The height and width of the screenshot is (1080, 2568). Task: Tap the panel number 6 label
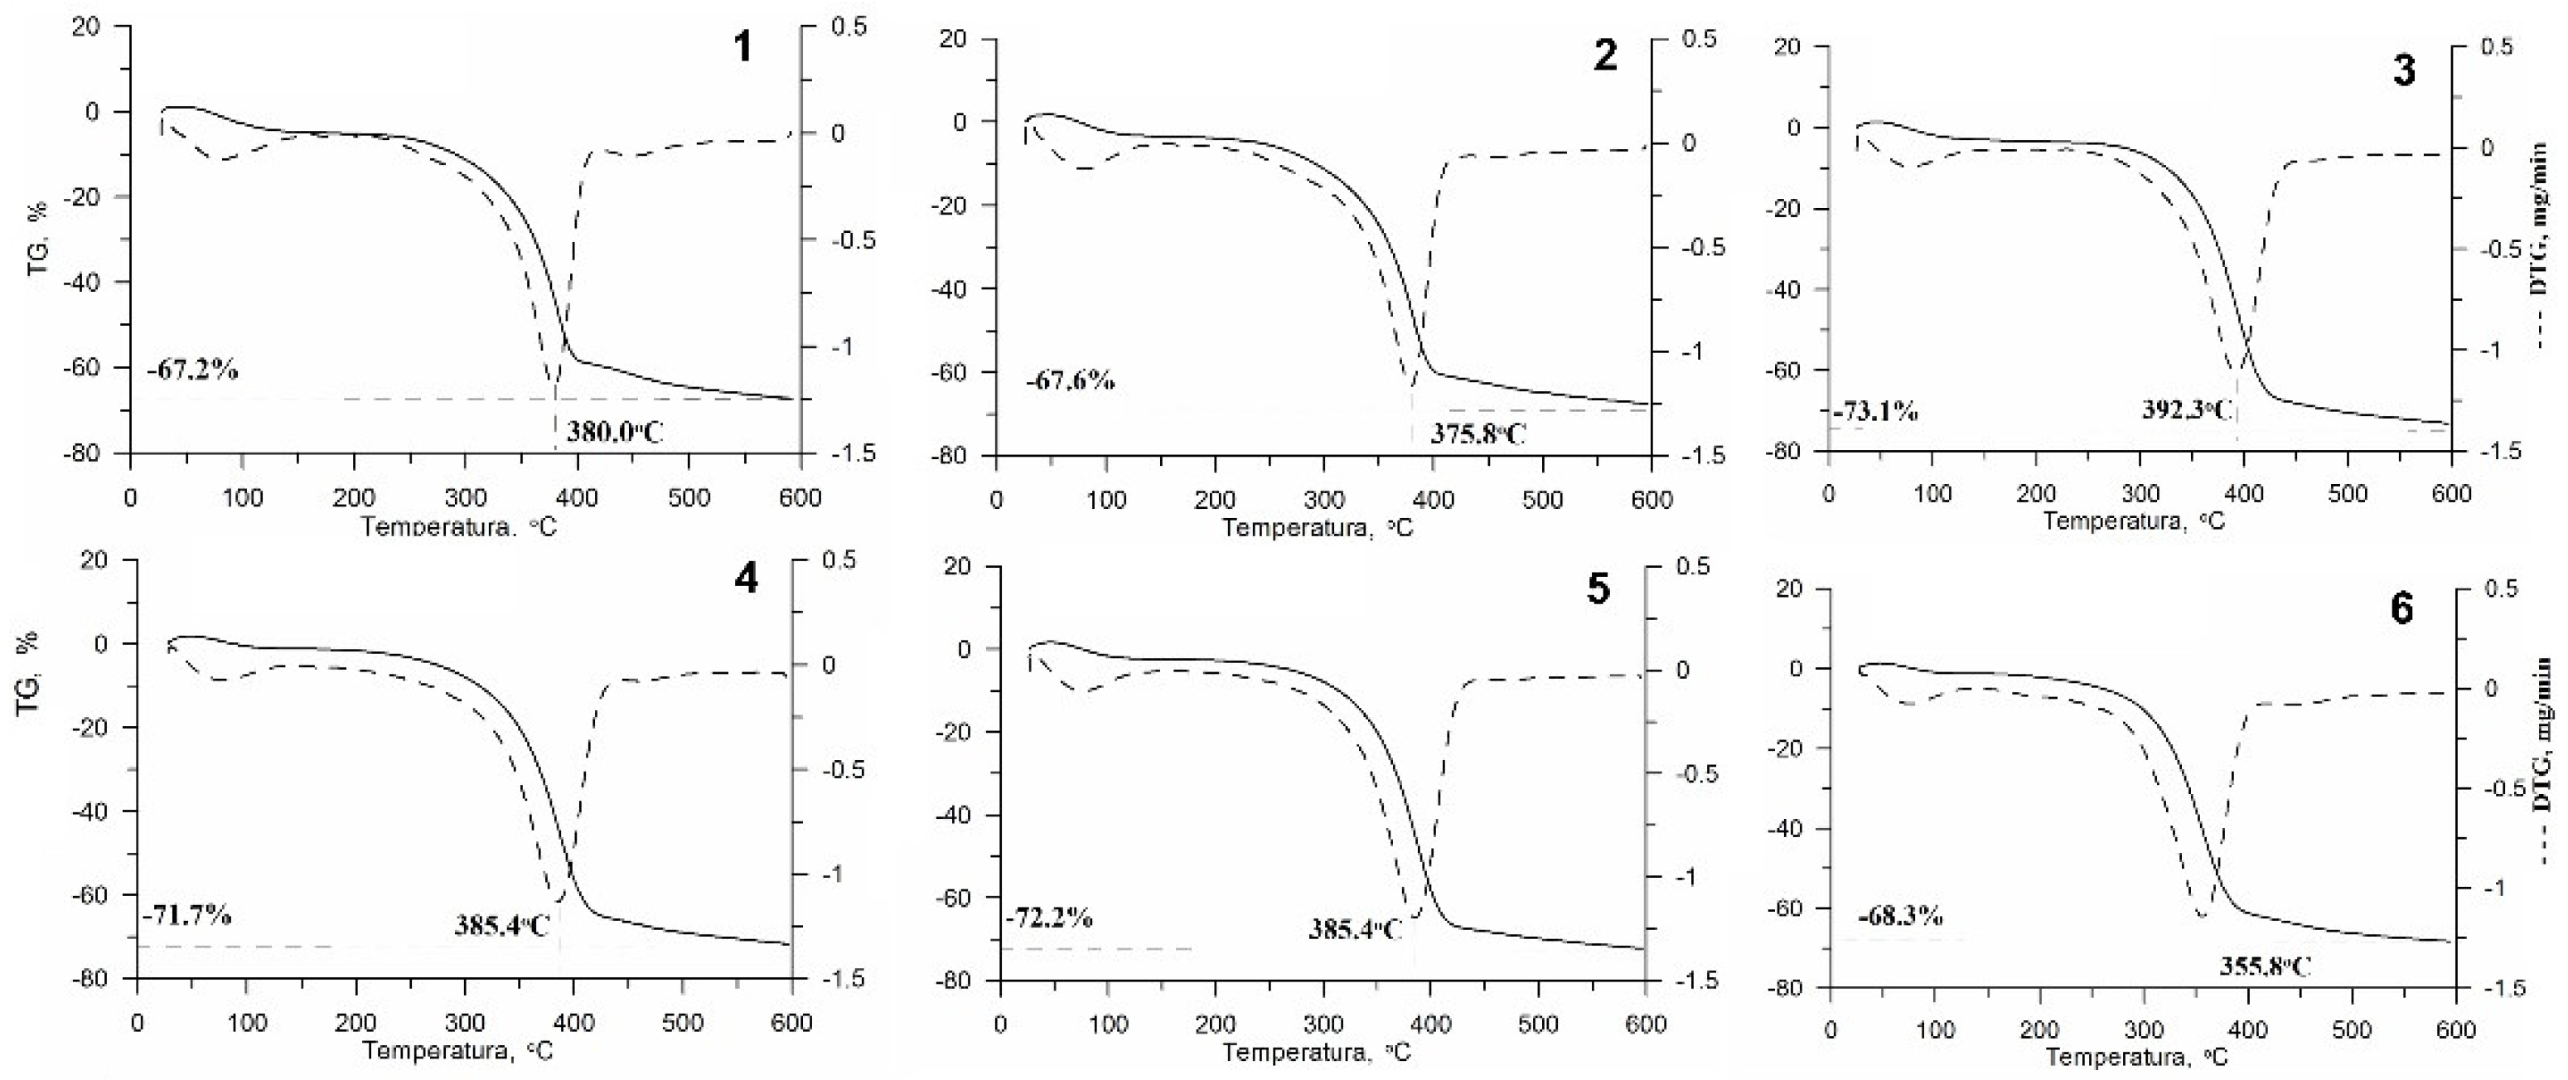[x=2401, y=609]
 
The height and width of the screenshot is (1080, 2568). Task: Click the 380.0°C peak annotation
[x=615, y=432]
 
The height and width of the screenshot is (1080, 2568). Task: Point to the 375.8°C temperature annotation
[x=1478, y=433]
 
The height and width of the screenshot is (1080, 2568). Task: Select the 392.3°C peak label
[x=2187, y=409]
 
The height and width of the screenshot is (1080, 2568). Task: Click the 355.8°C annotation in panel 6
[x=2264, y=966]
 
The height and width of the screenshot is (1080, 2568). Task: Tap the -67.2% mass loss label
[x=195, y=370]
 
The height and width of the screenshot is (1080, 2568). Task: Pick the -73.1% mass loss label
[x=1875, y=411]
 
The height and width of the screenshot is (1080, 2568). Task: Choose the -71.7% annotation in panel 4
[x=187, y=914]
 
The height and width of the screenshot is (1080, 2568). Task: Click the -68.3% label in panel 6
[x=1900, y=915]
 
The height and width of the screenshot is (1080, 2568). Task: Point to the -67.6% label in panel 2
[x=1071, y=380]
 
